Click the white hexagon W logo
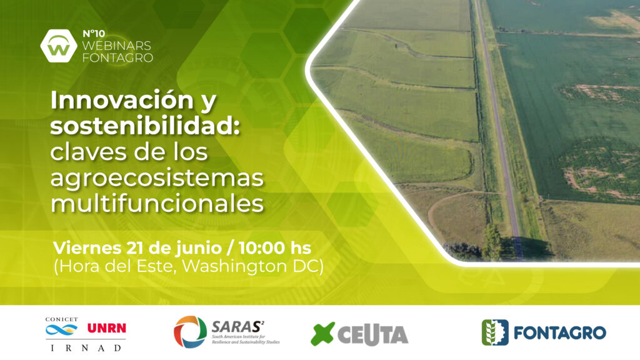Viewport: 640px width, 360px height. point(59,46)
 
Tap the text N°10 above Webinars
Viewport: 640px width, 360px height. point(94,34)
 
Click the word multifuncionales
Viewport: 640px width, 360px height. point(157,203)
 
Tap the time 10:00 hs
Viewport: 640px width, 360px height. point(275,247)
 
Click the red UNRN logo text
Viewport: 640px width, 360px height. point(107,328)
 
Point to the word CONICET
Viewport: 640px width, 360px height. point(61,319)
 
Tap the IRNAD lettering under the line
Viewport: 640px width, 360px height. point(86,347)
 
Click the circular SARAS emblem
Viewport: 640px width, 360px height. point(190,332)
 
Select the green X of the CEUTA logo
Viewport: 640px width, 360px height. point(323,334)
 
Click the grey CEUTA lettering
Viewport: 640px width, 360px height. point(373,335)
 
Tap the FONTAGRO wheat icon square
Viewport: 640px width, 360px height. point(495,332)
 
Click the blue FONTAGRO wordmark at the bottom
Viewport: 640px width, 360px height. point(559,332)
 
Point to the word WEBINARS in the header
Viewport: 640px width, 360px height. point(117,45)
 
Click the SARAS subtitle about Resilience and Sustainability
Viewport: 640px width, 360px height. point(245,339)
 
